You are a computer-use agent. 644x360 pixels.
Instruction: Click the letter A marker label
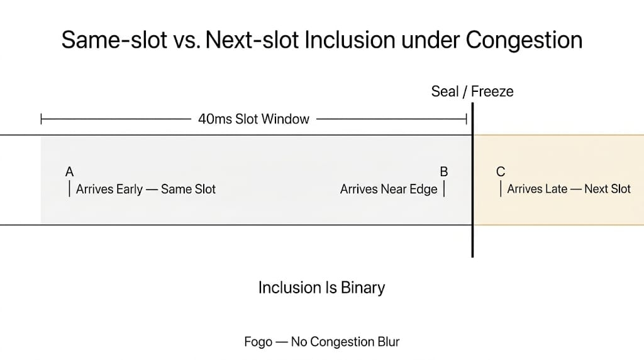coord(70,172)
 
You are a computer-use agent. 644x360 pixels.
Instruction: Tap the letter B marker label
coord(444,172)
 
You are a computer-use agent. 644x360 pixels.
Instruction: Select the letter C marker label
coord(501,172)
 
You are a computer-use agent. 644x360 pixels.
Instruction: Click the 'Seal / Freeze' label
coord(472,91)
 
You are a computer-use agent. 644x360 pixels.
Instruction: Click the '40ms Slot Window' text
coord(253,119)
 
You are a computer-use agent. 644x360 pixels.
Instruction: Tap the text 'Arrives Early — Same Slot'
coord(146,189)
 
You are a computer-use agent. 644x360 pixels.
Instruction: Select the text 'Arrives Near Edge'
coord(389,189)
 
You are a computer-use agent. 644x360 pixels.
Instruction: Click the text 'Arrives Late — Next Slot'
coord(569,189)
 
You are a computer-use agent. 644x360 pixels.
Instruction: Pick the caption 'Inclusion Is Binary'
coord(321,288)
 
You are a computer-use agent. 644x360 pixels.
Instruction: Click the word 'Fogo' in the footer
coord(258,342)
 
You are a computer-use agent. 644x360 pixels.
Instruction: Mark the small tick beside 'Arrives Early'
coord(69,189)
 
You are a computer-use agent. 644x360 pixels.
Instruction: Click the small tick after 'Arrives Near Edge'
coord(444,189)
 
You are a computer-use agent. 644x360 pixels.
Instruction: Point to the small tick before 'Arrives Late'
coord(501,189)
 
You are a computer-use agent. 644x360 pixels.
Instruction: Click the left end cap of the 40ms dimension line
coord(41,118)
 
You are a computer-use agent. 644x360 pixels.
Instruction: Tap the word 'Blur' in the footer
coord(387,342)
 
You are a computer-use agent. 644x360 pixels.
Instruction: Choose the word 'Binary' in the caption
coord(363,288)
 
